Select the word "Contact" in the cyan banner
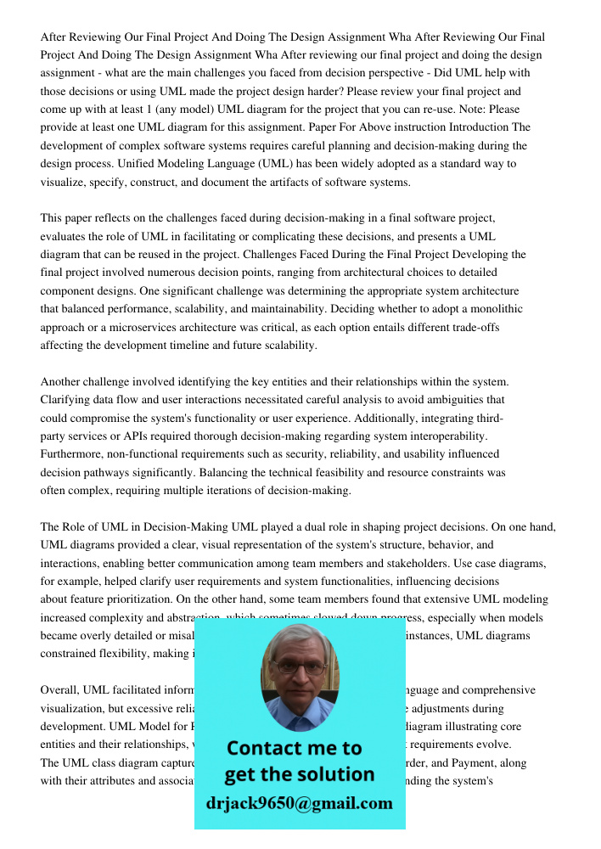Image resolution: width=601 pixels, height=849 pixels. pos(265,749)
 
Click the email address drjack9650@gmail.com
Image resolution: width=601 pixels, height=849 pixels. pos(299,803)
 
